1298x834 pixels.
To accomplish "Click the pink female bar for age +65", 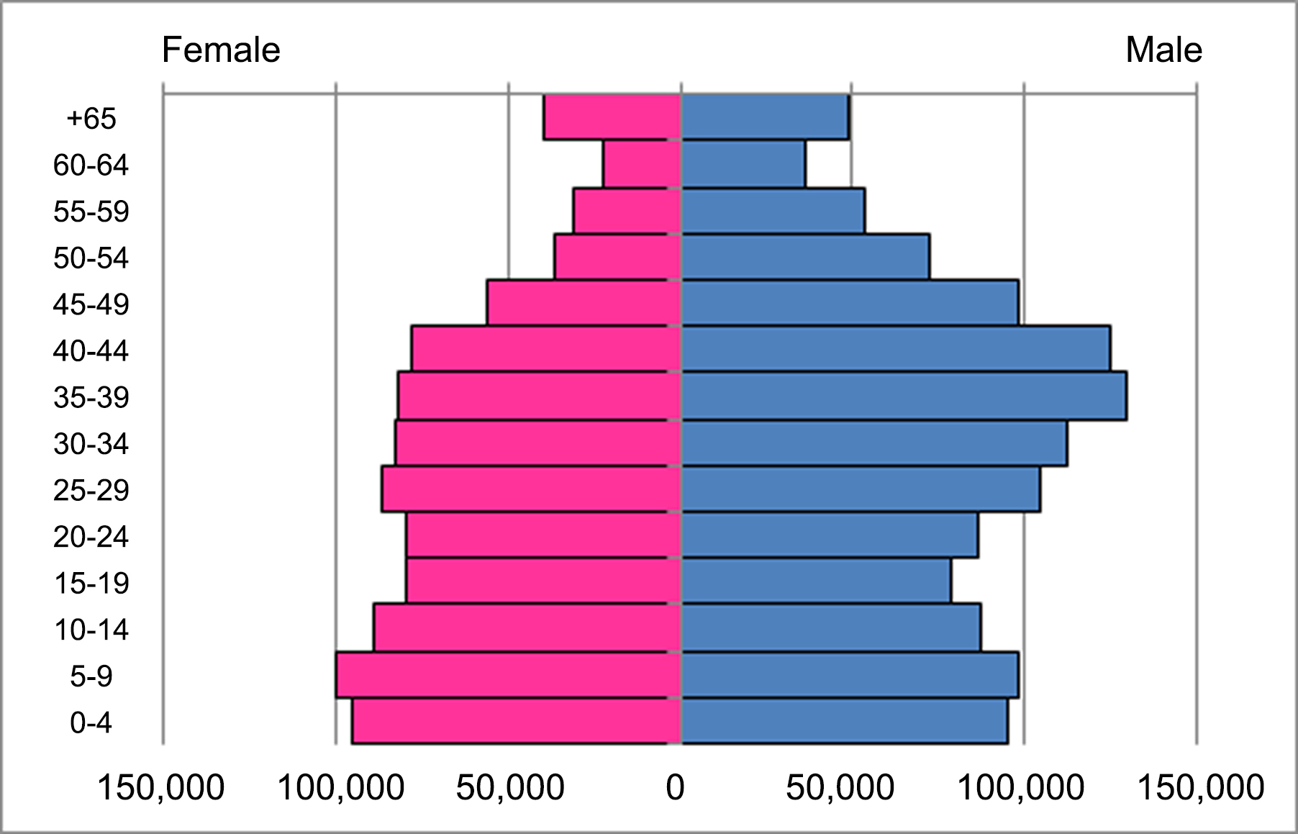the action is pos(612,117).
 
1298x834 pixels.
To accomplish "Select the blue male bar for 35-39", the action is pos(904,396).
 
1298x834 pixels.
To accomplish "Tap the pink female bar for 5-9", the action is pos(508,675).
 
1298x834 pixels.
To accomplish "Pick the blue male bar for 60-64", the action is pos(743,164).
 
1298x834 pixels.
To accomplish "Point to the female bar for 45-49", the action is pos(584,303).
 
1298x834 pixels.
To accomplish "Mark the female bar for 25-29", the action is pos(531,489).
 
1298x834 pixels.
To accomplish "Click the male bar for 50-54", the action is pos(805,256).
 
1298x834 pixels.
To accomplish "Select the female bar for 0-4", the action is pos(516,721).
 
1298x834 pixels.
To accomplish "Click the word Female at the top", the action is pos(221,50).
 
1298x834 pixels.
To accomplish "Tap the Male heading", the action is pos(1163,50).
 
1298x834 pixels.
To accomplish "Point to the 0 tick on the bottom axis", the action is pos(675,787).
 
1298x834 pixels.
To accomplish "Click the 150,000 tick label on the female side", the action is pos(160,787).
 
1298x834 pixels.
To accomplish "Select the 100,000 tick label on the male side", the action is pos(1021,787).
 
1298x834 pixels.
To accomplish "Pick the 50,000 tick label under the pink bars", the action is pos(509,787).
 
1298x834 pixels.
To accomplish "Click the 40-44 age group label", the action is pos(91,350).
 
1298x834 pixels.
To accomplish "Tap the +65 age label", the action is pos(91,118).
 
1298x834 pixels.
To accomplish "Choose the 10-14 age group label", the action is pos(91,630).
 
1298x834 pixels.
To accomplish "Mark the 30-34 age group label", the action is pos(91,443).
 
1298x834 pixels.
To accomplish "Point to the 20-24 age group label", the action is pos(91,536).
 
